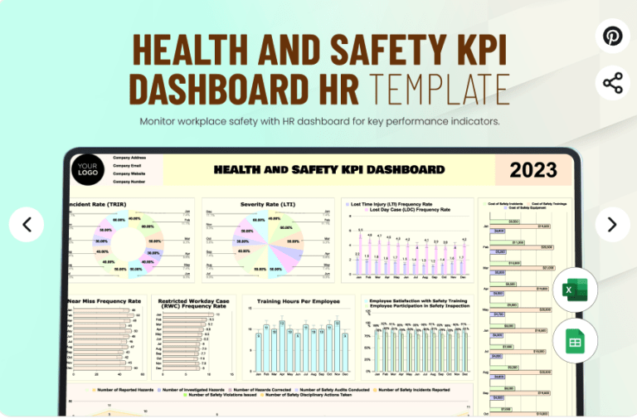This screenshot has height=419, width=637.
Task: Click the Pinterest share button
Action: point(612,37)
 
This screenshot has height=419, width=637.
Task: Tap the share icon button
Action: point(612,83)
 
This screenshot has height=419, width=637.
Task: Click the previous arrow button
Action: point(27,224)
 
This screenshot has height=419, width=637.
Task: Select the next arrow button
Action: point(612,224)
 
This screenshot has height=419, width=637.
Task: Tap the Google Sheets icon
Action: point(575,340)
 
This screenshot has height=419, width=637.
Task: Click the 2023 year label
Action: point(532,170)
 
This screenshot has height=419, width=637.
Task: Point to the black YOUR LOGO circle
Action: point(87,170)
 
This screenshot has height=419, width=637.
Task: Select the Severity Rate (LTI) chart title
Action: point(268,203)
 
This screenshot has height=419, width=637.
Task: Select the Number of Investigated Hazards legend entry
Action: point(193,389)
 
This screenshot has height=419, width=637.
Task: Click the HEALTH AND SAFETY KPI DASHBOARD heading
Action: point(328,170)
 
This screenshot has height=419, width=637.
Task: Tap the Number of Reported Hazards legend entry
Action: point(122,389)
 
